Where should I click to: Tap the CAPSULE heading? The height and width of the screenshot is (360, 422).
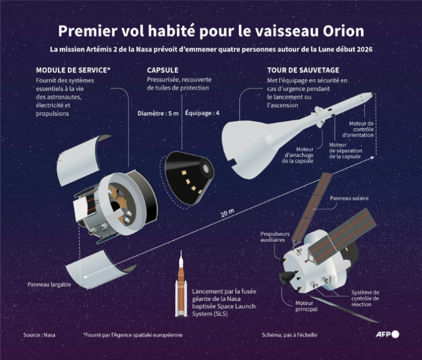(x=163, y=71)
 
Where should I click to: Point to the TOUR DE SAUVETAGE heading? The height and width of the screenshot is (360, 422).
(x=303, y=71)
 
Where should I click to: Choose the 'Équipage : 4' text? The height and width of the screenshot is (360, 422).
(x=202, y=113)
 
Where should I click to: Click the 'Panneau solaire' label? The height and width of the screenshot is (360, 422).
(x=349, y=198)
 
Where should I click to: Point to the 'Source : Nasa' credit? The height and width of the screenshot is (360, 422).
(x=39, y=335)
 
